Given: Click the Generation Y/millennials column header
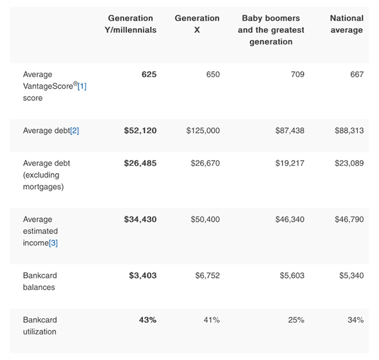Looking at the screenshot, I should [131, 24].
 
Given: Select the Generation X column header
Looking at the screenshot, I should [197, 24].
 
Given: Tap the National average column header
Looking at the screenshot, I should [346, 24].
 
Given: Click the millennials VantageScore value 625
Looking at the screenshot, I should [149, 75].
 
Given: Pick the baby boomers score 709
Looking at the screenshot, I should [297, 75].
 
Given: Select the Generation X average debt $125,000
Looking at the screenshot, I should [203, 130].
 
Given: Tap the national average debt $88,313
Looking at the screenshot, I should [349, 130].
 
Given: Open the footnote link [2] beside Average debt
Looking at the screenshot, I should [74, 130].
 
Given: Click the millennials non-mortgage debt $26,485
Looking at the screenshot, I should [140, 163].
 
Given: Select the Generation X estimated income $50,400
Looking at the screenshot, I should [205, 219].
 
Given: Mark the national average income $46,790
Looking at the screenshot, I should [349, 219].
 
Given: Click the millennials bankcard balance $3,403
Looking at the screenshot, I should [142, 275].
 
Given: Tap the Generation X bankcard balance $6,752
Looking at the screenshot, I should [207, 275].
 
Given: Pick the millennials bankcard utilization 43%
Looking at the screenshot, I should [147, 319].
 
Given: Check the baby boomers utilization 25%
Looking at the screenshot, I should [297, 319].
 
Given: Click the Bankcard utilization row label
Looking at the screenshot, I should [40, 325].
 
